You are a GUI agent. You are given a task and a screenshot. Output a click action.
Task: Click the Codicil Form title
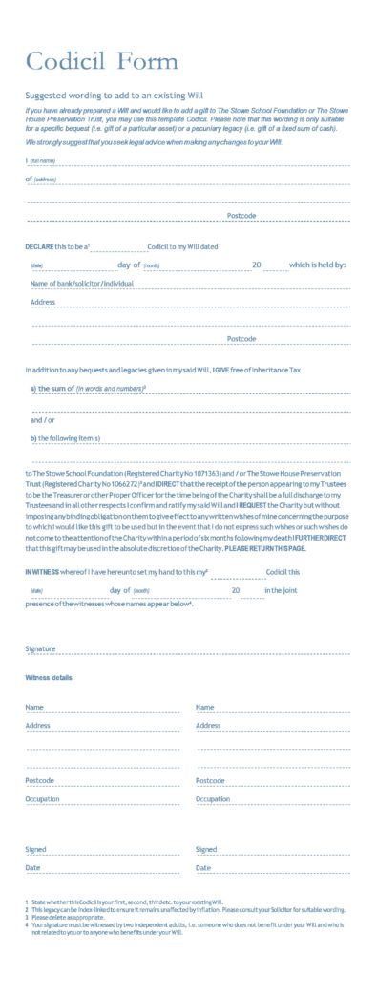[x=101, y=62]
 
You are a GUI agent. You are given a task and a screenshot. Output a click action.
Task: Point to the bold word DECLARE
[x=39, y=246]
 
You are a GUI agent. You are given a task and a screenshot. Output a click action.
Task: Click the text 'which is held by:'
[x=317, y=265]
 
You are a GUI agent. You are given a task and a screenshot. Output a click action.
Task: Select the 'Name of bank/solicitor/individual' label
[x=82, y=284]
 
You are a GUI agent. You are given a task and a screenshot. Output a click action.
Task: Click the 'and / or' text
[x=43, y=419]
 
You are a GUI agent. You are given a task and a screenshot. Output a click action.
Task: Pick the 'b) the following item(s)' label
[x=66, y=438]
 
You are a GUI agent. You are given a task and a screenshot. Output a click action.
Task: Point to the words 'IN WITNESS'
[x=40, y=571]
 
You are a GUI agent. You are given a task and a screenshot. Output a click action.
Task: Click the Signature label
[x=40, y=648]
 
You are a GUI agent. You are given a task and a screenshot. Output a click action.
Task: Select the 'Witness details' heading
[x=49, y=677]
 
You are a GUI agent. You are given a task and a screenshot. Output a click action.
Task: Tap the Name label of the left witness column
[x=34, y=707]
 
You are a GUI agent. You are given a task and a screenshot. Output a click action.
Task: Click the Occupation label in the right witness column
[x=213, y=799]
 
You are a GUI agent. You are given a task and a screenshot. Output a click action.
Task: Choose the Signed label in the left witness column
[x=35, y=849]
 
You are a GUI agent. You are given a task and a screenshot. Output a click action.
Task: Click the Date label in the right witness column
[x=203, y=867]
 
